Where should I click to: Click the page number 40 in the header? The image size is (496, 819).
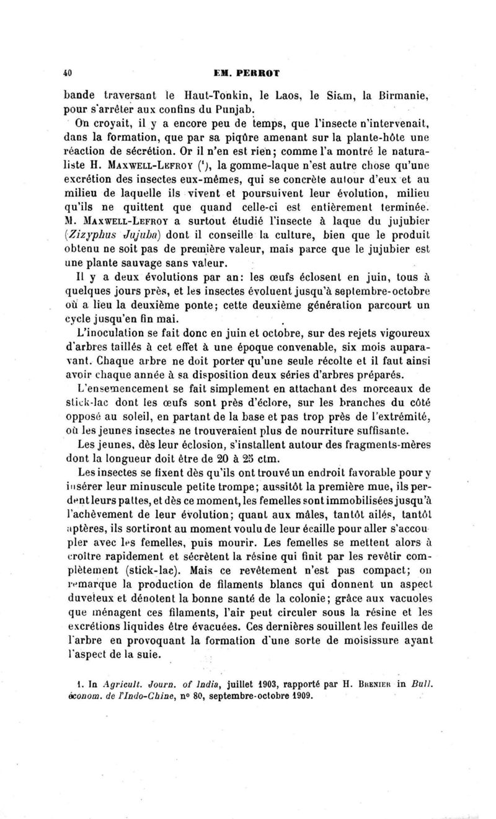pos(69,73)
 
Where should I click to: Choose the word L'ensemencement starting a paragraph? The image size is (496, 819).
pos(120,389)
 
